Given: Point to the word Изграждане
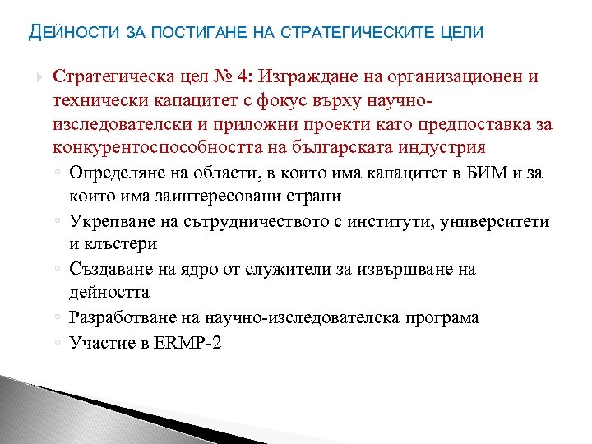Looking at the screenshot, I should click(x=303, y=76).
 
